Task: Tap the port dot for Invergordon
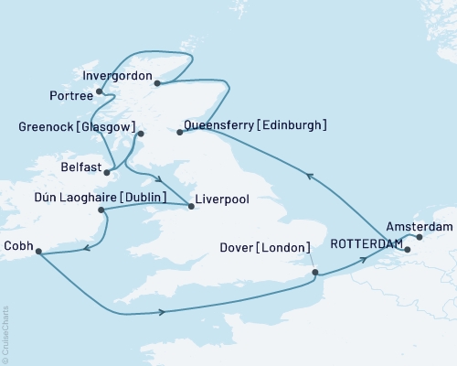158,83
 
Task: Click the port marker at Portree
99,91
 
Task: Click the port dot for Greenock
141,134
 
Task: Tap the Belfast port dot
107,171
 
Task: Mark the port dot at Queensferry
179,133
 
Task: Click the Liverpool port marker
190,206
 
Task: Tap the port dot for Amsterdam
420,237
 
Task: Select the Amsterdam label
419,224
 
